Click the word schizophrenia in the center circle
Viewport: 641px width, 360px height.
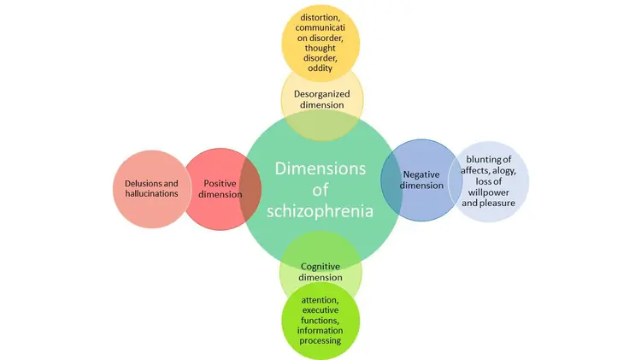tap(320, 211)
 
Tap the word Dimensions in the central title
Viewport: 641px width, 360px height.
tap(320, 168)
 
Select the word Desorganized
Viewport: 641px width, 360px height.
tap(321, 95)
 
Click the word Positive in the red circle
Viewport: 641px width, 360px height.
tap(220, 183)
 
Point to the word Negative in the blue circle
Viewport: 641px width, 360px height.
tap(421, 175)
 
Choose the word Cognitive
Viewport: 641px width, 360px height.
tap(320, 267)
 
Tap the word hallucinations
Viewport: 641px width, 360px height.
tap(151, 193)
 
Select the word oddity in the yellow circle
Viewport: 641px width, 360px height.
tap(320, 68)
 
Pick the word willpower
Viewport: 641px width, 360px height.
tap(489, 192)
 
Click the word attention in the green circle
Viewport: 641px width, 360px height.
tap(320, 300)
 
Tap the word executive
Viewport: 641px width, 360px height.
tap(320, 310)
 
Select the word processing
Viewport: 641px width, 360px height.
tap(320, 341)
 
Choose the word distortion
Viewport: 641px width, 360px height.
tap(320, 18)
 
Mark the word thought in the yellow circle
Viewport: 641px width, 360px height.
tap(320, 48)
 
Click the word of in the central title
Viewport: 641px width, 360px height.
tap(320, 190)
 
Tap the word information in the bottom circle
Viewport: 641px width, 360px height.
tap(320, 331)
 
